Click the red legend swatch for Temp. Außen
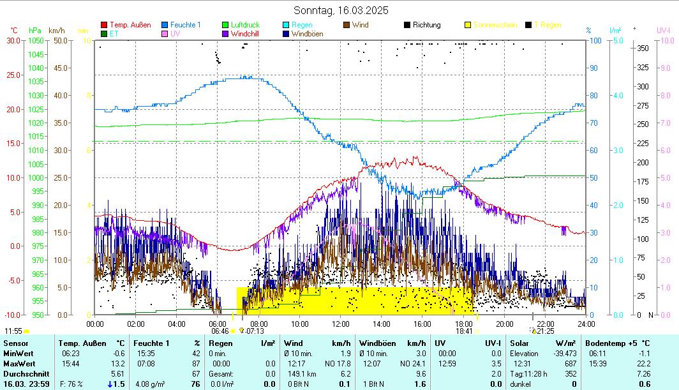[105, 25]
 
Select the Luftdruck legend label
[245, 25]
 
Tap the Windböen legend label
[308, 34]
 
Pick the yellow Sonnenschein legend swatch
[468, 25]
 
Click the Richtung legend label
[426, 25]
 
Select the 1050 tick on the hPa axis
[36, 40]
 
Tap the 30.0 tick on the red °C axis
[13, 40]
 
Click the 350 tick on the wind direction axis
[643, 49]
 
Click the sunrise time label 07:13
[255, 331]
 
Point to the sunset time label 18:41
[464, 331]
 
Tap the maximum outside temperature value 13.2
[119, 363]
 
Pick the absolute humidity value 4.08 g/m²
[149, 384]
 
